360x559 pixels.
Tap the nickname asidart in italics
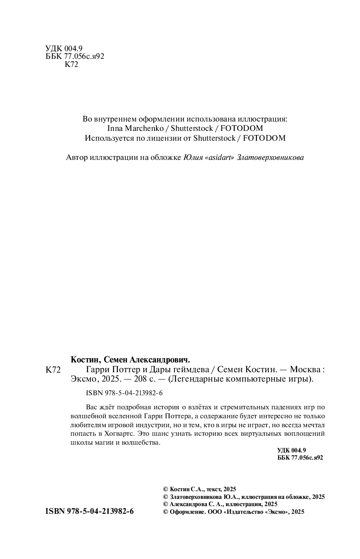pyautogui.click(x=218, y=157)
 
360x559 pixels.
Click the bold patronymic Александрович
pyautogui.click(x=162, y=359)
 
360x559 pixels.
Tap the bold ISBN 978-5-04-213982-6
pyautogui.click(x=90, y=512)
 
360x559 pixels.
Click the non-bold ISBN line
pyautogui.click(x=119, y=393)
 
